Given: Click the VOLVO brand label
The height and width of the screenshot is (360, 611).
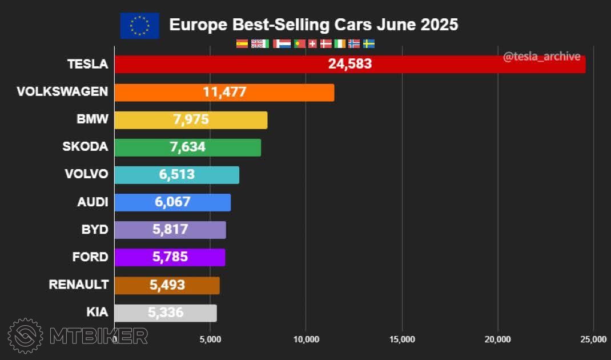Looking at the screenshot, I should [86, 174].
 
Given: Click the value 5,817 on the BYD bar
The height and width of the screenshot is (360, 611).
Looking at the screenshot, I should [170, 229].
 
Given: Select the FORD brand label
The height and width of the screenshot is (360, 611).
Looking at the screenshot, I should [90, 257].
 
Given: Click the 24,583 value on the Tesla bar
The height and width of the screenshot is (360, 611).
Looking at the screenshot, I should [349, 64].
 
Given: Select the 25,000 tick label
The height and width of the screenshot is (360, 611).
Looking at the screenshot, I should [593, 339].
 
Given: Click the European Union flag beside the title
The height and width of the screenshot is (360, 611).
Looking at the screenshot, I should [139, 26].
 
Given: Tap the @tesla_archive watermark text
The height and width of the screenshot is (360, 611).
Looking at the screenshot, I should [541, 57].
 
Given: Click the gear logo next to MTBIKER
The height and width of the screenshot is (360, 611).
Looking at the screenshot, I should [25, 335].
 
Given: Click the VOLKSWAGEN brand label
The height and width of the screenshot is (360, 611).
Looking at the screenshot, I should [62, 92].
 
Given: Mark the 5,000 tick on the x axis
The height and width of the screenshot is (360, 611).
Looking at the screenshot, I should [211, 339].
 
